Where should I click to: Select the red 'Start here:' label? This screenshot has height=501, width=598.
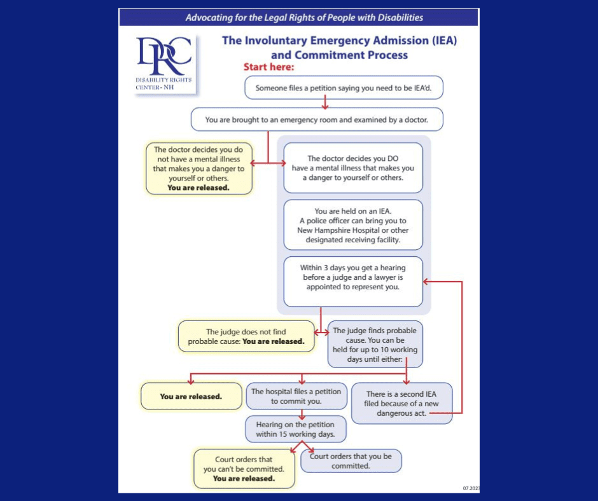268,67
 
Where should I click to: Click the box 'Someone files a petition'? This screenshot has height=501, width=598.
343,88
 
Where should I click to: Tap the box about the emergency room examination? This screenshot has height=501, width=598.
316,119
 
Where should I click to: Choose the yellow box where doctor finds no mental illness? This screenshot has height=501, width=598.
198,168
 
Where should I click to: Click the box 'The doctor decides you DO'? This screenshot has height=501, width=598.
353,168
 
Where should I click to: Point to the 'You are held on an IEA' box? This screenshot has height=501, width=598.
353,225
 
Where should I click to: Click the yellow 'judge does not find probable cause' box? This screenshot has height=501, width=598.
246,336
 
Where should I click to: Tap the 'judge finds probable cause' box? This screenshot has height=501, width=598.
375,344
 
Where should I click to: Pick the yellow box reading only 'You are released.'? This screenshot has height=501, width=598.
190,396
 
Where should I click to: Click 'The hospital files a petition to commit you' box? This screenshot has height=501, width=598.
296,396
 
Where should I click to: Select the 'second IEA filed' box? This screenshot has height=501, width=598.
401,403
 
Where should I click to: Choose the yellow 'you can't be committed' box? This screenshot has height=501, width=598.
243,469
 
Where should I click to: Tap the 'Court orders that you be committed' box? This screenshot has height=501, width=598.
351,461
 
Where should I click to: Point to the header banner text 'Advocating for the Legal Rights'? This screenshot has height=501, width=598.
304,18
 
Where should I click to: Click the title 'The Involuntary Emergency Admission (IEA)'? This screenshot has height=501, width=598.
339,41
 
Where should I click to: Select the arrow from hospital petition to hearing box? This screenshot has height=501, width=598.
302,413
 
